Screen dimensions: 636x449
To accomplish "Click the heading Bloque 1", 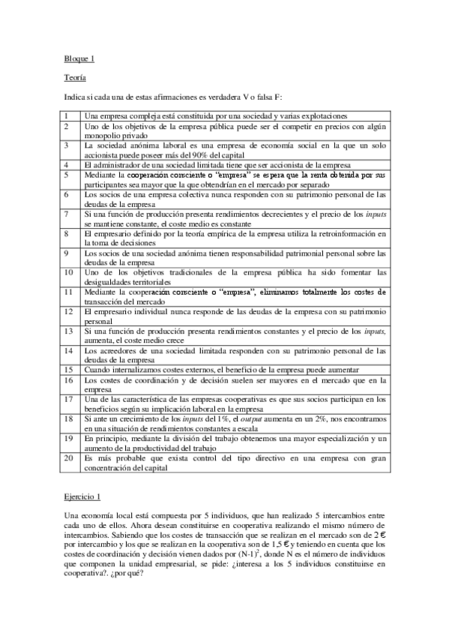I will coord(76,58).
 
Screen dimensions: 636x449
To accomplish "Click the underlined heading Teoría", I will coord(74,77).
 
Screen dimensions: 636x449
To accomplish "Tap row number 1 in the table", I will coord(67,116).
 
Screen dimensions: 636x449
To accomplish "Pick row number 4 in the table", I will coord(67,163).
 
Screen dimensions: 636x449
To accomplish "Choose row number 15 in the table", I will coord(68,370).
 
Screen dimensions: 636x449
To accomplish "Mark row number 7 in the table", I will coord(67,214).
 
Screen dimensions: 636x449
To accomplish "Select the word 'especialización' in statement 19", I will coord(332,437).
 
